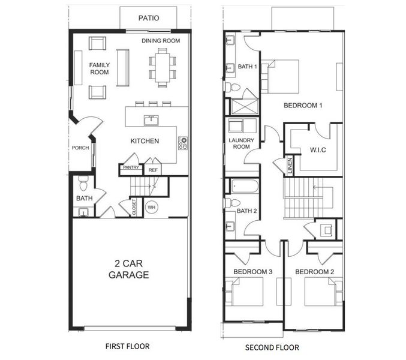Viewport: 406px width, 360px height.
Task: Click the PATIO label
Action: (149, 18)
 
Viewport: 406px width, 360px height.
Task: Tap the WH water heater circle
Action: (152, 207)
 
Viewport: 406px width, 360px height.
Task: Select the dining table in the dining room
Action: (163, 68)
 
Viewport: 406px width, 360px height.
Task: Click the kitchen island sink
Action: (151, 121)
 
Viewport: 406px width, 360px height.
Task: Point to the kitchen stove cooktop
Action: (183, 143)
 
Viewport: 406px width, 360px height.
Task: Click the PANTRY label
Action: (131, 167)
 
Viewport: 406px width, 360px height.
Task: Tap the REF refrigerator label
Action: (153, 170)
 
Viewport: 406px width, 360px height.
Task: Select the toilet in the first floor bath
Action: (83, 184)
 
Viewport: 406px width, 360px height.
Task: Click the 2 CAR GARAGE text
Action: (129, 269)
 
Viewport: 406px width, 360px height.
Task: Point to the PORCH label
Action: (80, 148)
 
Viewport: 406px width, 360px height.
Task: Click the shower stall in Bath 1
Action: (245, 106)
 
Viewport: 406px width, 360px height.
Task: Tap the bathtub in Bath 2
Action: (245, 186)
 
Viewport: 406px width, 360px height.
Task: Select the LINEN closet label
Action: (290, 166)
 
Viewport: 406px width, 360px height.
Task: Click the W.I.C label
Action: (318, 150)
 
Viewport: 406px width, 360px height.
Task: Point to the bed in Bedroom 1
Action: (280, 77)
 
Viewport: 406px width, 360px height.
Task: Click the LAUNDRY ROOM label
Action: (241, 143)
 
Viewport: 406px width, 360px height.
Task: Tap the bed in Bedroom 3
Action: (244, 292)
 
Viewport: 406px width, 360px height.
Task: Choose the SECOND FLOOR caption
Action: (272, 347)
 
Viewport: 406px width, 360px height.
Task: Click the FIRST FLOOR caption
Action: (127, 347)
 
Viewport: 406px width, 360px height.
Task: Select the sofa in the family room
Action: (123, 68)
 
